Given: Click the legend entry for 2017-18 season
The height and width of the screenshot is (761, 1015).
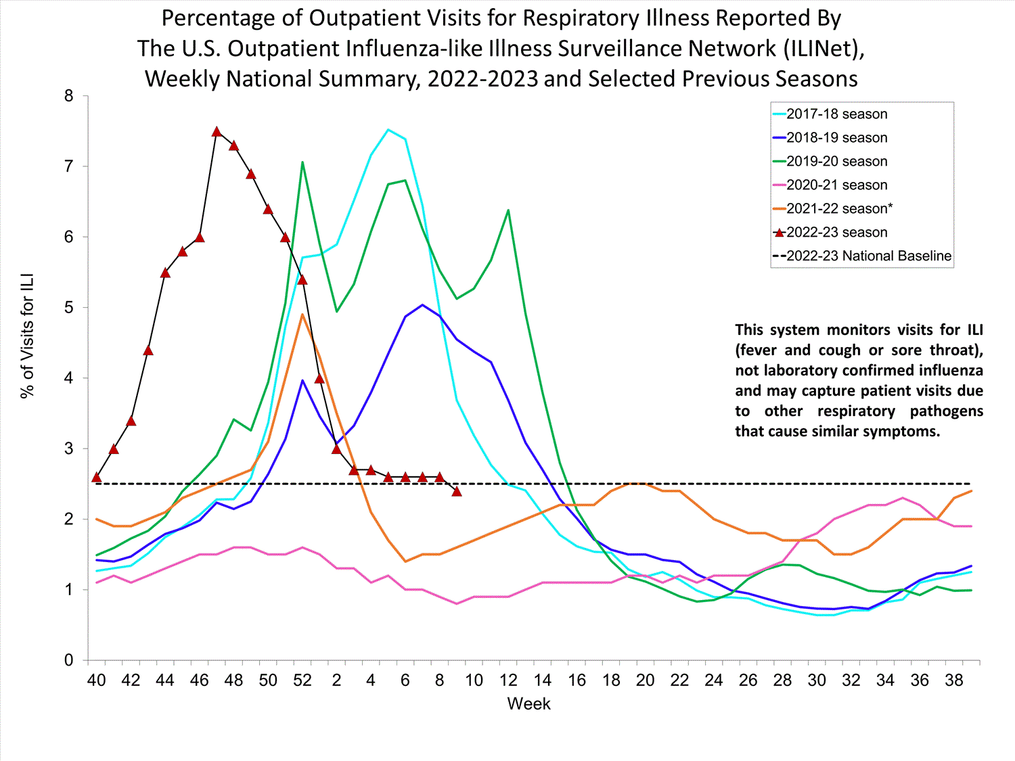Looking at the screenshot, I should tap(836, 114).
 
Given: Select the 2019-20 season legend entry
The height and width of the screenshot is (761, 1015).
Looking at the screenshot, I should tap(836, 162).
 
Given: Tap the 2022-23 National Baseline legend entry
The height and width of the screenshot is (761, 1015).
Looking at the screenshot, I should tap(868, 256).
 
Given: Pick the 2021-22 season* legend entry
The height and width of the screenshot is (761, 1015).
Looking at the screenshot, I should tap(839, 209).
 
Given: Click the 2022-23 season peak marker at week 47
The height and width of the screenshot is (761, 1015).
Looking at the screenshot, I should tap(217, 132).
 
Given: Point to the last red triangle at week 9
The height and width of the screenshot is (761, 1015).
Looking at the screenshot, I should tap(457, 491).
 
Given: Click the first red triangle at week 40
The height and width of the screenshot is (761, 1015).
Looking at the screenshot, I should tap(97, 477).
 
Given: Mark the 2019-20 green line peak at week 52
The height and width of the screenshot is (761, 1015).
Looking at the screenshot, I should tap(302, 162).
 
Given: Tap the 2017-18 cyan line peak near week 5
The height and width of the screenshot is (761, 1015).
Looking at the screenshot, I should tap(388, 129).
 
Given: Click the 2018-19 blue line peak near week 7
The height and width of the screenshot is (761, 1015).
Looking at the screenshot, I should tap(422, 304).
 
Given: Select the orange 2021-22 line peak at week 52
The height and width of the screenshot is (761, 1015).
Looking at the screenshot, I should tap(302, 315).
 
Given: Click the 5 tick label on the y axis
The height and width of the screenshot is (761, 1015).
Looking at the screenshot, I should tap(69, 308).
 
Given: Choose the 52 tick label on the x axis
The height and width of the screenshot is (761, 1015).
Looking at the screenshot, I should tap(302, 681).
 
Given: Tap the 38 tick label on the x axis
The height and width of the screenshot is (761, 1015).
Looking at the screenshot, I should tap(954, 681).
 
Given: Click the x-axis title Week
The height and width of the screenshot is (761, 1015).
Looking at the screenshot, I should tap(528, 704).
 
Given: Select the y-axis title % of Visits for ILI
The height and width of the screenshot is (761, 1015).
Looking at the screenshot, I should tap(27, 336).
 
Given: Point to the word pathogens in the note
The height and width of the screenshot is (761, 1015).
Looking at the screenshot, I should tap(946, 411).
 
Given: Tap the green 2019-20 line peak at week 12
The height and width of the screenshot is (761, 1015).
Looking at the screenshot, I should tap(508, 210).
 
